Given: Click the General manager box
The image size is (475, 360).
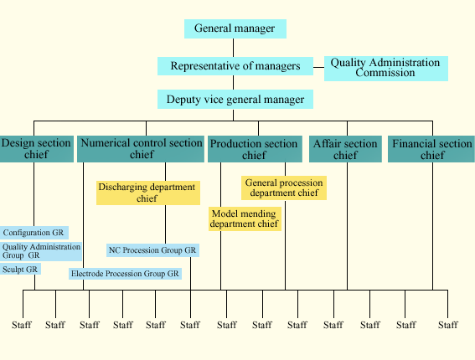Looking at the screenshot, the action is point(235,28).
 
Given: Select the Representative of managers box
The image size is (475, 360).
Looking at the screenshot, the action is point(235,66).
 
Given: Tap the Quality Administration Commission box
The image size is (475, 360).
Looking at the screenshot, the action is point(386,69).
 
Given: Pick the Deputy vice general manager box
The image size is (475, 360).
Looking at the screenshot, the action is point(235,100).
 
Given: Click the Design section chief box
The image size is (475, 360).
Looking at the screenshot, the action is point(36,149).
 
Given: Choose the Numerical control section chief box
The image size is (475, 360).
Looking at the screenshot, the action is point(141,149).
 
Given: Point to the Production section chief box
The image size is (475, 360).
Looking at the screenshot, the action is point(255,149).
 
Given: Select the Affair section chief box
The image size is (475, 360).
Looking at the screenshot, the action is point(345,149).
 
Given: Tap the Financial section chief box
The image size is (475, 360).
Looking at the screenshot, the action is point(431,149).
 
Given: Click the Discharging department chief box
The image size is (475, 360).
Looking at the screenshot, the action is point(148,193).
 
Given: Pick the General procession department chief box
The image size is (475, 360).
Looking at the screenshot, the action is point(284,188).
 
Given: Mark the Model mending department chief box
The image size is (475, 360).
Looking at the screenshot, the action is point(245,219).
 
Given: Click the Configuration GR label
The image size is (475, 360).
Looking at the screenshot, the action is point(34,233).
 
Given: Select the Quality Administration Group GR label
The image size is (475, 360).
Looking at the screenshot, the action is point(41,251).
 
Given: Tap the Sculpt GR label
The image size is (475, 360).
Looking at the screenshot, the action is point(20,270).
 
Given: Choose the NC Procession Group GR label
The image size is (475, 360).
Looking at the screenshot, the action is point(152,250).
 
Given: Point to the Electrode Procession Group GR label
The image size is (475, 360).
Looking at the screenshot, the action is point(125,274).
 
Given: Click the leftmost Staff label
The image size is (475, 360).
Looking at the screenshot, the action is point(22,325).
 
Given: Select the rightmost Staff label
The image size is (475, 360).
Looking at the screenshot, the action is point(447,325).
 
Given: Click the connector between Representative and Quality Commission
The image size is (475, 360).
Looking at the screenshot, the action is point(318,67).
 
